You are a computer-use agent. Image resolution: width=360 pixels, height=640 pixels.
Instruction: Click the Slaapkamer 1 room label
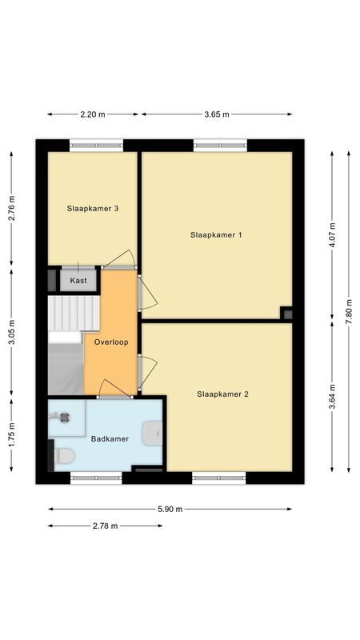pyautogui.click(x=216, y=235)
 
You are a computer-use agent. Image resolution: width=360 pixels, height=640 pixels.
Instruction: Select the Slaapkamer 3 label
pyautogui.click(x=93, y=209)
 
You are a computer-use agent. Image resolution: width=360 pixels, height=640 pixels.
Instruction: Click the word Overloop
pyautogui.click(x=110, y=342)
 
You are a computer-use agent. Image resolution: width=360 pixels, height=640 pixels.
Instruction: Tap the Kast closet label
pyautogui.click(x=78, y=281)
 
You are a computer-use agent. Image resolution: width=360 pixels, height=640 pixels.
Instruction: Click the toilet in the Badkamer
pyautogui.click(x=64, y=455)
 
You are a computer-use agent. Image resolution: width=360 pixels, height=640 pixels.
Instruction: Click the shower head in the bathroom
pyautogui.click(x=64, y=417)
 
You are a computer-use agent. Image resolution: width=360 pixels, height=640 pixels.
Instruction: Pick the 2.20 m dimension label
pyautogui.click(x=93, y=114)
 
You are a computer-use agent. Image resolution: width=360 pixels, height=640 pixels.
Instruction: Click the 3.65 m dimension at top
pyautogui.click(x=217, y=114)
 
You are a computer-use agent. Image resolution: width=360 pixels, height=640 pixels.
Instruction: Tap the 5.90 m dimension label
pyautogui.click(x=170, y=509)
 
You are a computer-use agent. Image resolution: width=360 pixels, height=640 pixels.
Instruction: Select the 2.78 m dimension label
pyautogui.click(x=105, y=526)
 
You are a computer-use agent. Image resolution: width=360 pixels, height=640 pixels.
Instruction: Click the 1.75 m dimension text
pyautogui.click(x=12, y=434)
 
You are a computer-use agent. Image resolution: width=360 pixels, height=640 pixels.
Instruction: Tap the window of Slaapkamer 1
pyautogui.click(x=219, y=145)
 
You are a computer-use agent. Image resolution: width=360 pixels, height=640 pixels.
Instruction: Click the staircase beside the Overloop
pyautogui.click(x=68, y=344)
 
